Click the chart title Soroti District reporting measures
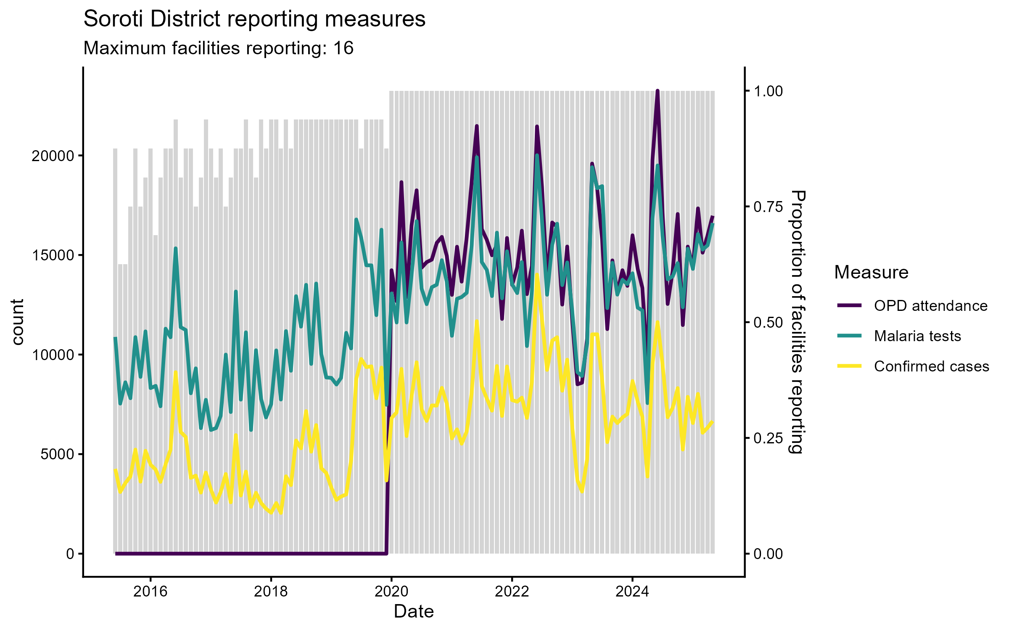[x=254, y=19]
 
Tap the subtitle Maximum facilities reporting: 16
[x=218, y=48]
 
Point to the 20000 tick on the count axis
[x=53, y=156]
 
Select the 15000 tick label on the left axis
[x=53, y=255]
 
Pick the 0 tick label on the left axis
[x=70, y=554]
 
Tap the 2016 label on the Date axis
[x=150, y=592]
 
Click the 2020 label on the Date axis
[x=391, y=592]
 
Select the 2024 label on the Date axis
[x=632, y=592]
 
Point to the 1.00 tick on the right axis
[x=768, y=91]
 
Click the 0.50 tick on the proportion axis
[x=768, y=323]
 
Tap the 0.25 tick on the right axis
[x=768, y=438]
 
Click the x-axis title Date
[x=414, y=612]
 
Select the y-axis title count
[x=18, y=322]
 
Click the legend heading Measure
[x=871, y=273]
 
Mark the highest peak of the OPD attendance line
[x=658, y=91]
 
